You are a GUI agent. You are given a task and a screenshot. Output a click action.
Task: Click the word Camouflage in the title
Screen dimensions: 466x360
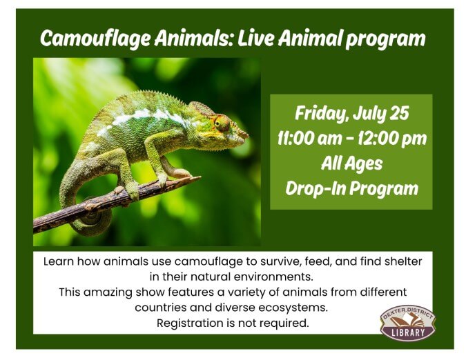click(95, 39)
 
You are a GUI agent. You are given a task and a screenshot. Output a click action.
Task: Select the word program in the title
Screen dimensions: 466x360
click(385, 39)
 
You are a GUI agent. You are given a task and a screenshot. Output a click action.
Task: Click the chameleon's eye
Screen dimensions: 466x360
click(222, 123)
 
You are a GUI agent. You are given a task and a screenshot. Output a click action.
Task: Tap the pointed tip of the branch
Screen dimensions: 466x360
click(200, 177)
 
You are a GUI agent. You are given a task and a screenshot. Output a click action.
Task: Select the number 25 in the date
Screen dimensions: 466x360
click(400, 113)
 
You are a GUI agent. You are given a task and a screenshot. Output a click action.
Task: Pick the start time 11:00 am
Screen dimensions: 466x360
click(309, 139)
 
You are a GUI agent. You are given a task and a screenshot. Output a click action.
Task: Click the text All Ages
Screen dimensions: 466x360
click(351, 163)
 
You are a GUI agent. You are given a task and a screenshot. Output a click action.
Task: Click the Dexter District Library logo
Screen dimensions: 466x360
click(408, 323)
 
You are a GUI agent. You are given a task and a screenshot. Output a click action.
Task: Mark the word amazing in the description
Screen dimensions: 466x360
click(108, 292)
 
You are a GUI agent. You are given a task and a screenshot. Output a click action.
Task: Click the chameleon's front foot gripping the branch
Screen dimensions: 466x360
click(162, 179)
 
